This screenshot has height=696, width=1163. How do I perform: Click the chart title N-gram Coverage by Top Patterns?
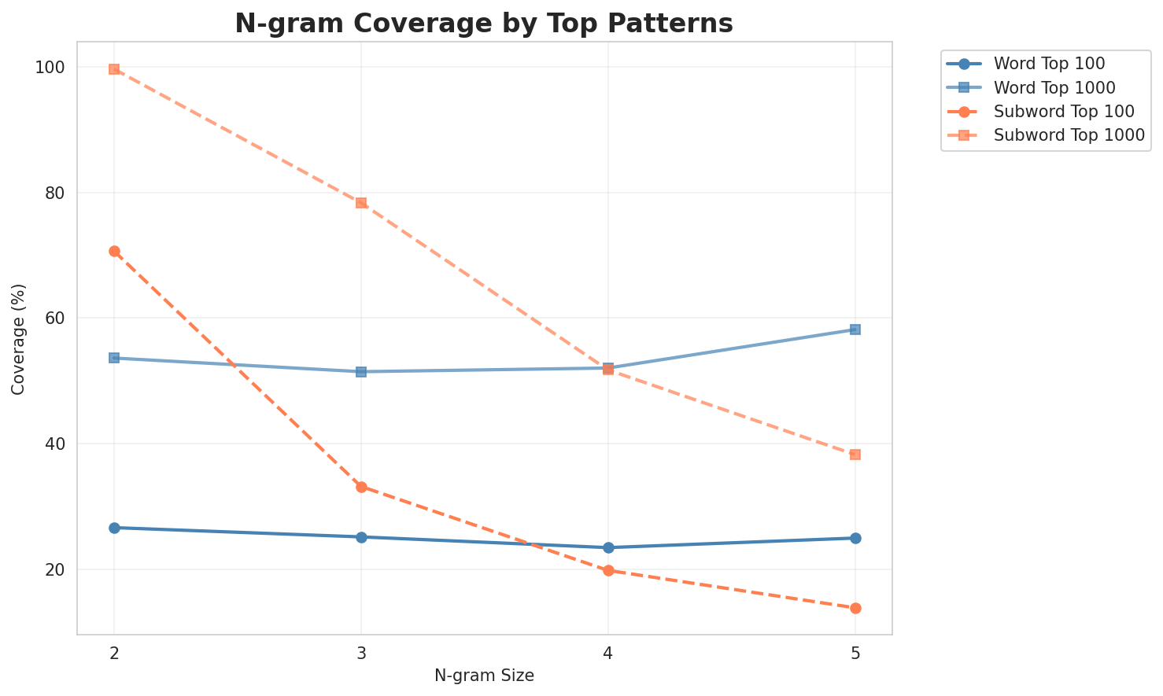484,24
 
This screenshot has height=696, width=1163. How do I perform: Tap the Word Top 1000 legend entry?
1055,87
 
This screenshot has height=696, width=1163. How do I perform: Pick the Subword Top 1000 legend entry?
1069,134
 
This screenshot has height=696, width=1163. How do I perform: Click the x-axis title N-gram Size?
484,676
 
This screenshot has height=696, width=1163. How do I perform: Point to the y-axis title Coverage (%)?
19,338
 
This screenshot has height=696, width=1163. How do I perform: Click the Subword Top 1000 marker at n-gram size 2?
114,69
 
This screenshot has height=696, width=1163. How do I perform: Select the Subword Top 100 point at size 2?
114,251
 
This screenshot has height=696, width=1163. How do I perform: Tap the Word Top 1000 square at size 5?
855,330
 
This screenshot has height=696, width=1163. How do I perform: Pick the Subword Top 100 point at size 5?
855,608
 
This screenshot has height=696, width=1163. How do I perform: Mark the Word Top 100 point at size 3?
361,537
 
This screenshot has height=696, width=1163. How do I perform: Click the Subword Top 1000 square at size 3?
361,203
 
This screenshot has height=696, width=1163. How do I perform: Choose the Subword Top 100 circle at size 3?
361,487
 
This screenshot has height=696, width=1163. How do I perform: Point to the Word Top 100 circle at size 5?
855,538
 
